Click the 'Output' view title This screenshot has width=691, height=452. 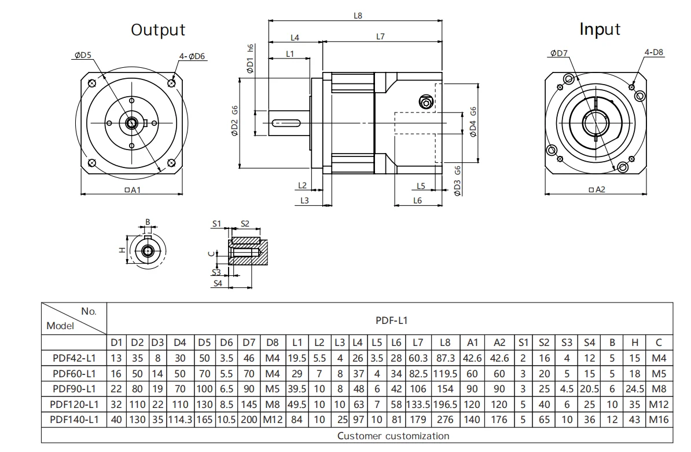(158, 30)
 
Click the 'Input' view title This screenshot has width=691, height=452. (600, 29)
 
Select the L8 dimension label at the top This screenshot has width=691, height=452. (358, 16)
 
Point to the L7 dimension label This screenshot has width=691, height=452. (380, 37)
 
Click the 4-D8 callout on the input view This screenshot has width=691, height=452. (654, 52)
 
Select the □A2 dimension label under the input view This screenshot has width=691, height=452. (596, 189)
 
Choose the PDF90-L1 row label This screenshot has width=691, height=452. (74, 389)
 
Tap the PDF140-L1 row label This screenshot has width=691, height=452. (74, 419)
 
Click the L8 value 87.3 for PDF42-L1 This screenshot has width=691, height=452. (444, 359)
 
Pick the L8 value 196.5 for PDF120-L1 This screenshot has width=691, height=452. (444, 404)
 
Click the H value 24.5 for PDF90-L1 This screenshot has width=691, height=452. (634, 389)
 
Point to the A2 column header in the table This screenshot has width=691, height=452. (500, 344)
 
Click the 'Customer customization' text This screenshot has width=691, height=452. (393, 435)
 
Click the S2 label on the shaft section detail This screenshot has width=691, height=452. (244, 223)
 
